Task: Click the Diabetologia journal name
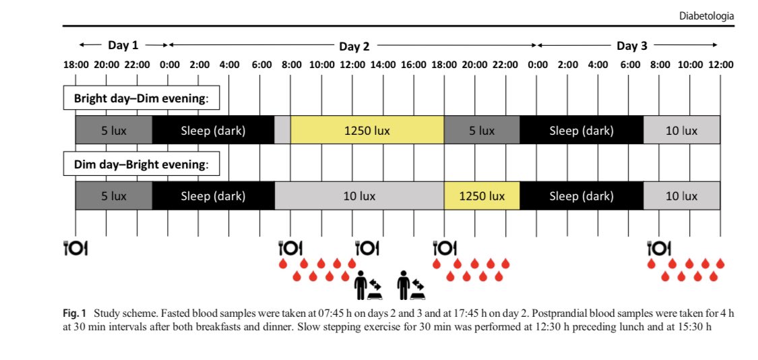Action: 707,15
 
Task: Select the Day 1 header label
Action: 123,46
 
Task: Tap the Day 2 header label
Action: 354,47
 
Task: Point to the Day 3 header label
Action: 631,46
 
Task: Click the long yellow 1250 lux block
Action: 367,130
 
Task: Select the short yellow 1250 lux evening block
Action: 481,196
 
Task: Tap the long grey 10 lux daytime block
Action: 358,196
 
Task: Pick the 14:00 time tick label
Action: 383,65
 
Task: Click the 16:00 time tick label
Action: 414,65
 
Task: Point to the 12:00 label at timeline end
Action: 720,65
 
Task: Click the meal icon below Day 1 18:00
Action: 75,248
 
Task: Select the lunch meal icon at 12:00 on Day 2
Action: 367,248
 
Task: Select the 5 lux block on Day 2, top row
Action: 481,130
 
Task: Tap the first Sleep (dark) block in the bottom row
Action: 213,196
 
